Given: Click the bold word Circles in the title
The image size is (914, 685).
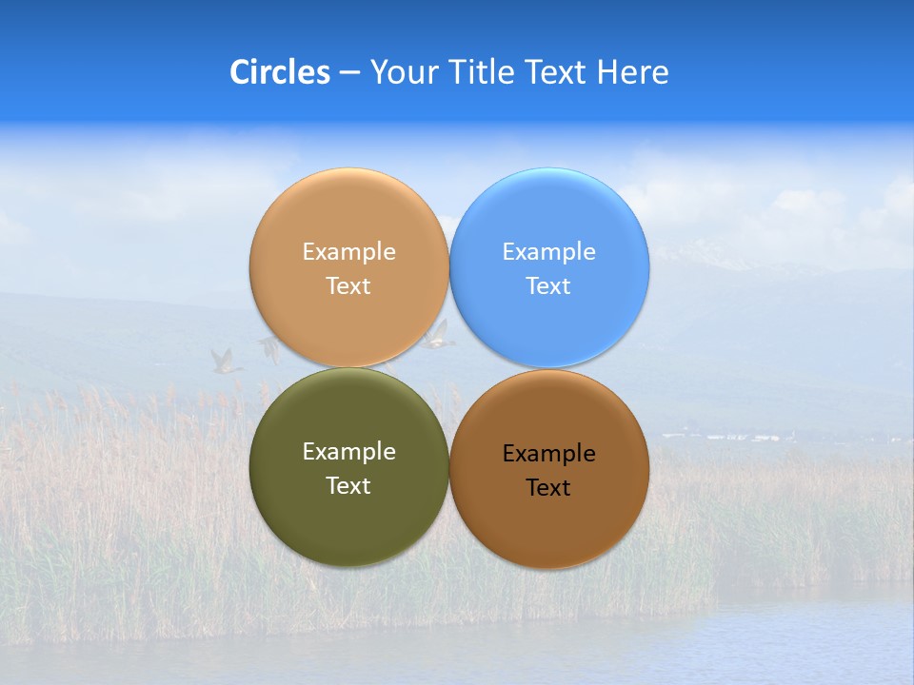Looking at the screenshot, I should click(x=279, y=72).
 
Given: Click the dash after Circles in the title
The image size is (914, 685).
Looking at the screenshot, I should click(x=349, y=73).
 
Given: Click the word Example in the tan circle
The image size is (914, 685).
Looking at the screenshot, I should click(x=348, y=252).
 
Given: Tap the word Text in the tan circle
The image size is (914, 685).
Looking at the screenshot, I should click(x=348, y=286).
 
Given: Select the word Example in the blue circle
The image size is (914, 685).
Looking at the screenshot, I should click(x=548, y=252).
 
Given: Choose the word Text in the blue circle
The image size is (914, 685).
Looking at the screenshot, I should click(x=548, y=286).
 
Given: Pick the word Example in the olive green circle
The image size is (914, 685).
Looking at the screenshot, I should click(x=348, y=452).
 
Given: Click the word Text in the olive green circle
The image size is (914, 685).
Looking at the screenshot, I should click(x=348, y=486).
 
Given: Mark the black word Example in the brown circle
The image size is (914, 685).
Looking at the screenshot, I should click(x=548, y=454).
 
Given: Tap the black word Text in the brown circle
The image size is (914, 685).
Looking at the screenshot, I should click(x=548, y=488).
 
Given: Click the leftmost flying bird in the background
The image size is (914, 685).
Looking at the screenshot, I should click(x=226, y=361).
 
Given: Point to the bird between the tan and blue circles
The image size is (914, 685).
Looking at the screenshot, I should click(x=438, y=335).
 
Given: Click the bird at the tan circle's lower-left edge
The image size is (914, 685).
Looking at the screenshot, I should click(x=269, y=349).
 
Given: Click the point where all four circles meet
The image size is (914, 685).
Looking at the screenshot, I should click(x=448, y=368).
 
